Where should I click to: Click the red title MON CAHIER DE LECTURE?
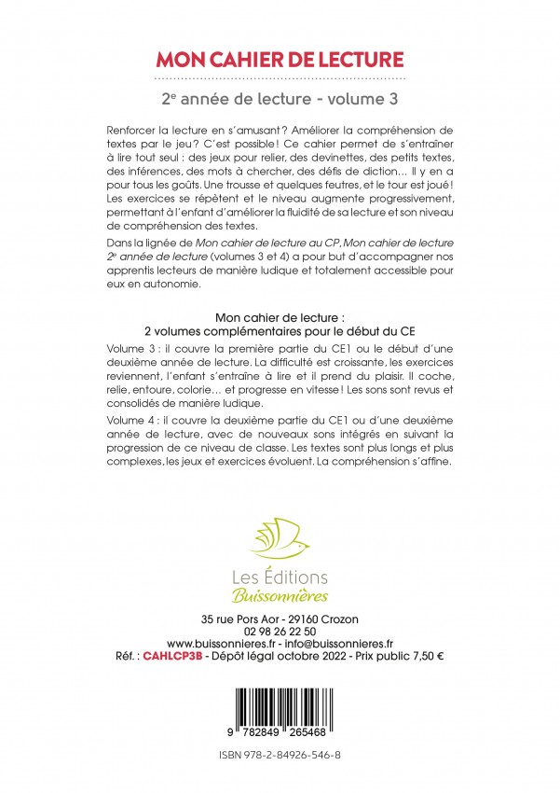click(x=280, y=61)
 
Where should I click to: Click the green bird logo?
click(x=280, y=541)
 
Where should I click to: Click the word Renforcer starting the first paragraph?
click(x=137, y=126)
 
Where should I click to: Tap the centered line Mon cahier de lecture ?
click(x=280, y=316)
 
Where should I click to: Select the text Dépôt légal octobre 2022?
click(x=285, y=656)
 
